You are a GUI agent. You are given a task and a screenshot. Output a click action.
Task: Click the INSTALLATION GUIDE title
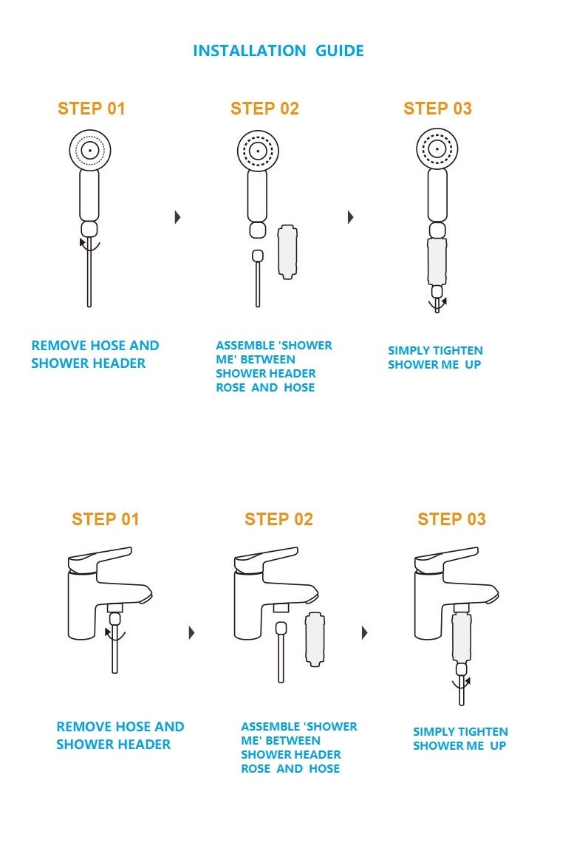click(x=278, y=51)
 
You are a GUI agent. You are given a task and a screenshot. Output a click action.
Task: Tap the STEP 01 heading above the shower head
click(x=92, y=109)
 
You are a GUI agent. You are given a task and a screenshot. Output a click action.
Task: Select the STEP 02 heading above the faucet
click(x=278, y=519)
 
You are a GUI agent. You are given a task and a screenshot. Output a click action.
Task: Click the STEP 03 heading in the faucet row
click(x=451, y=519)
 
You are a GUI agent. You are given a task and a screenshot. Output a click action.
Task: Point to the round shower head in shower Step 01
click(x=89, y=150)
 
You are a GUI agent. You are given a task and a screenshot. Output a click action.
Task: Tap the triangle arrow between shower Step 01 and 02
click(x=177, y=217)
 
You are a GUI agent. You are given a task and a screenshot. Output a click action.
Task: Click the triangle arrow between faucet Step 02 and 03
click(x=365, y=633)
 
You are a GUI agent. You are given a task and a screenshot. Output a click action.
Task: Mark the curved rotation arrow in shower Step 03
click(x=438, y=304)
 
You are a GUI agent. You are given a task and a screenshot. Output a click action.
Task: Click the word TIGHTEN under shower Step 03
click(x=456, y=351)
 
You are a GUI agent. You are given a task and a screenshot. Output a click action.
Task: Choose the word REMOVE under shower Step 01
click(x=59, y=346)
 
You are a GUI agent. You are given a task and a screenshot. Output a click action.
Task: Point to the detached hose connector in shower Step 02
click(x=257, y=256)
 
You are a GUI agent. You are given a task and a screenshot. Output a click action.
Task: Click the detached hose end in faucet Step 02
click(x=281, y=628)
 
